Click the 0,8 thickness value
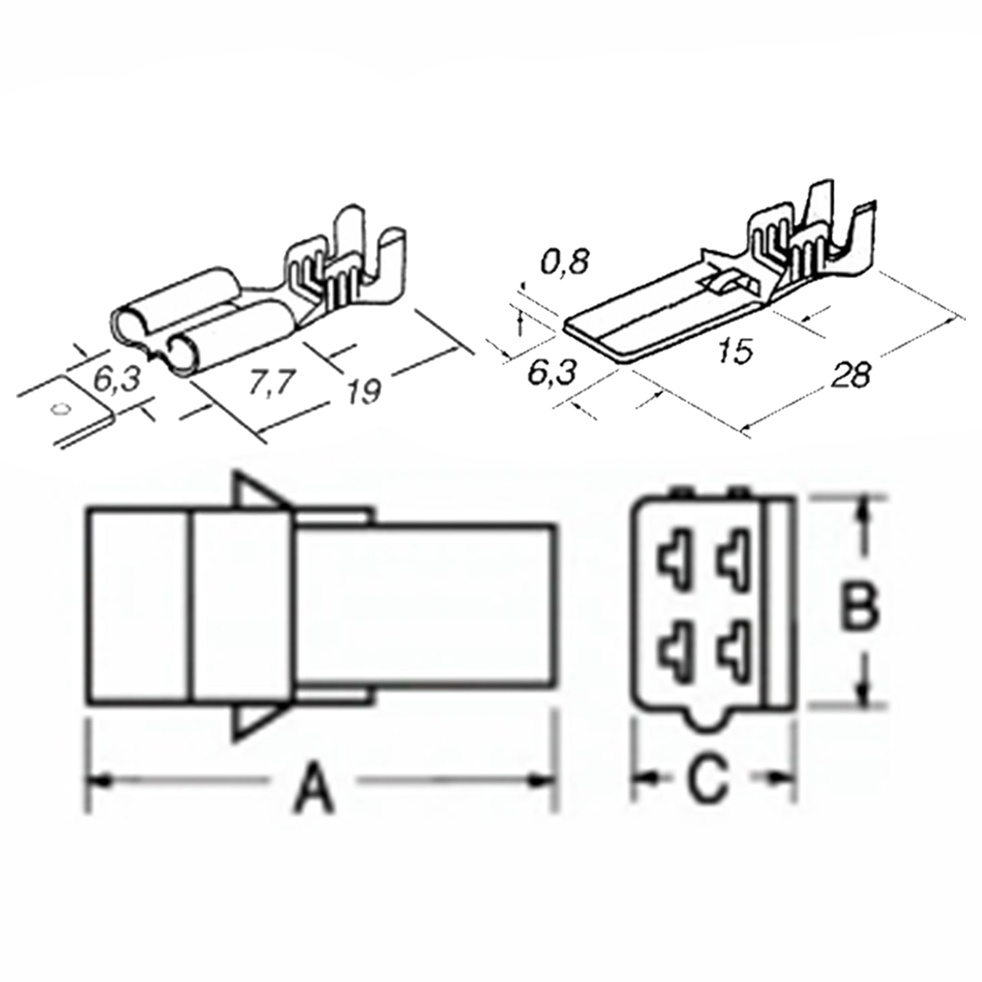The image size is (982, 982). click(x=564, y=261)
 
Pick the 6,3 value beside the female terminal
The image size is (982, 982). click(x=117, y=380)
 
